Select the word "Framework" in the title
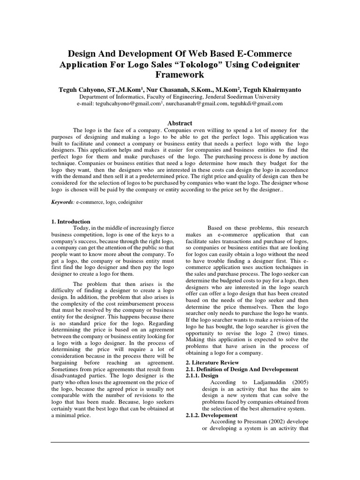180,75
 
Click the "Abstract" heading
180,123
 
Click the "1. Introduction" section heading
70,221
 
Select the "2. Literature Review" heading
212,362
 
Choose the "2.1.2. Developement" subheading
212,415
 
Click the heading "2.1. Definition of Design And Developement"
242,369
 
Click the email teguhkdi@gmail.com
256,104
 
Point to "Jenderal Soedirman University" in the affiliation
245,97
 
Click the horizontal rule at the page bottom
180,442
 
